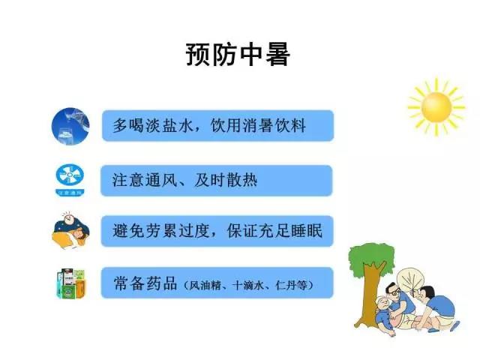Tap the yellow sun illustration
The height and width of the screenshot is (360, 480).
[436, 107]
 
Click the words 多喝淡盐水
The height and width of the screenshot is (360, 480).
[148, 124]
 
